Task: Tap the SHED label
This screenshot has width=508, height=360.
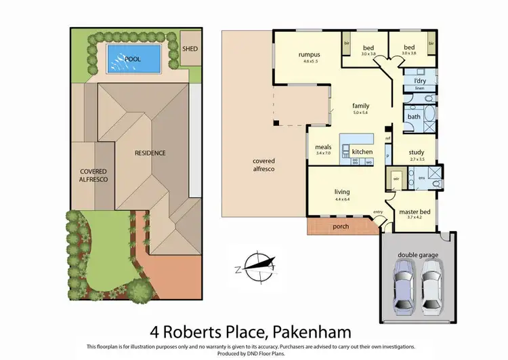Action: tap(190, 49)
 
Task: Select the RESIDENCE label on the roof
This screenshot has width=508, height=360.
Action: tap(150, 153)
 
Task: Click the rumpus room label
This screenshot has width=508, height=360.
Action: tap(308, 55)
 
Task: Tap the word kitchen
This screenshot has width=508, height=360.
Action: tap(362, 151)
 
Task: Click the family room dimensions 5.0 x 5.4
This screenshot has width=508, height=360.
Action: tap(359, 113)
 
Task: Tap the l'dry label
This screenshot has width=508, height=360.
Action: tap(419, 81)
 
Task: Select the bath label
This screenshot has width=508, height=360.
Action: tap(413, 117)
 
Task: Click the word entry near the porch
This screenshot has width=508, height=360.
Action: tap(377, 212)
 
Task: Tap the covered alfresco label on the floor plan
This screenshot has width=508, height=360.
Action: tap(263, 164)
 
